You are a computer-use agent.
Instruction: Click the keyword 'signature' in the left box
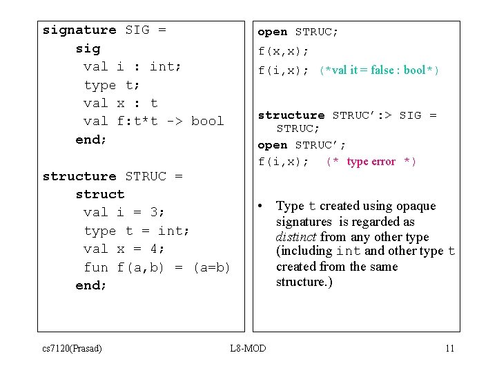[x=79, y=30]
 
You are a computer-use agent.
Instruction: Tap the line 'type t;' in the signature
[x=112, y=86]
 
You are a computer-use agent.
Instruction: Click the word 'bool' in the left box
[x=208, y=122]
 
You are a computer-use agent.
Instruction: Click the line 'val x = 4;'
[x=124, y=249]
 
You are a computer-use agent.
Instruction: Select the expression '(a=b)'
[x=211, y=267]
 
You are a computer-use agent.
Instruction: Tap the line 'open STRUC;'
[x=298, y=32]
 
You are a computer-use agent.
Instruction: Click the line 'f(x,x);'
[x=283, y=52]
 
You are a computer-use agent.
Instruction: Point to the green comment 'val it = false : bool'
[x=379, y=70]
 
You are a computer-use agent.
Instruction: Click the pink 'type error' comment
[x=371, y=162]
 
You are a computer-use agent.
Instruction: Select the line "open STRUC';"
[x=302, y=146]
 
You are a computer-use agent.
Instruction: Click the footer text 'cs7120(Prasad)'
[x=72, y=348]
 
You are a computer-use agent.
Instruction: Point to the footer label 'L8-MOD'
[x=248, y=348]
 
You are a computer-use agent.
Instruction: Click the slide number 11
[x=449, y=348]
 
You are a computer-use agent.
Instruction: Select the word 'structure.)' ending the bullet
[x=304, y=282]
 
